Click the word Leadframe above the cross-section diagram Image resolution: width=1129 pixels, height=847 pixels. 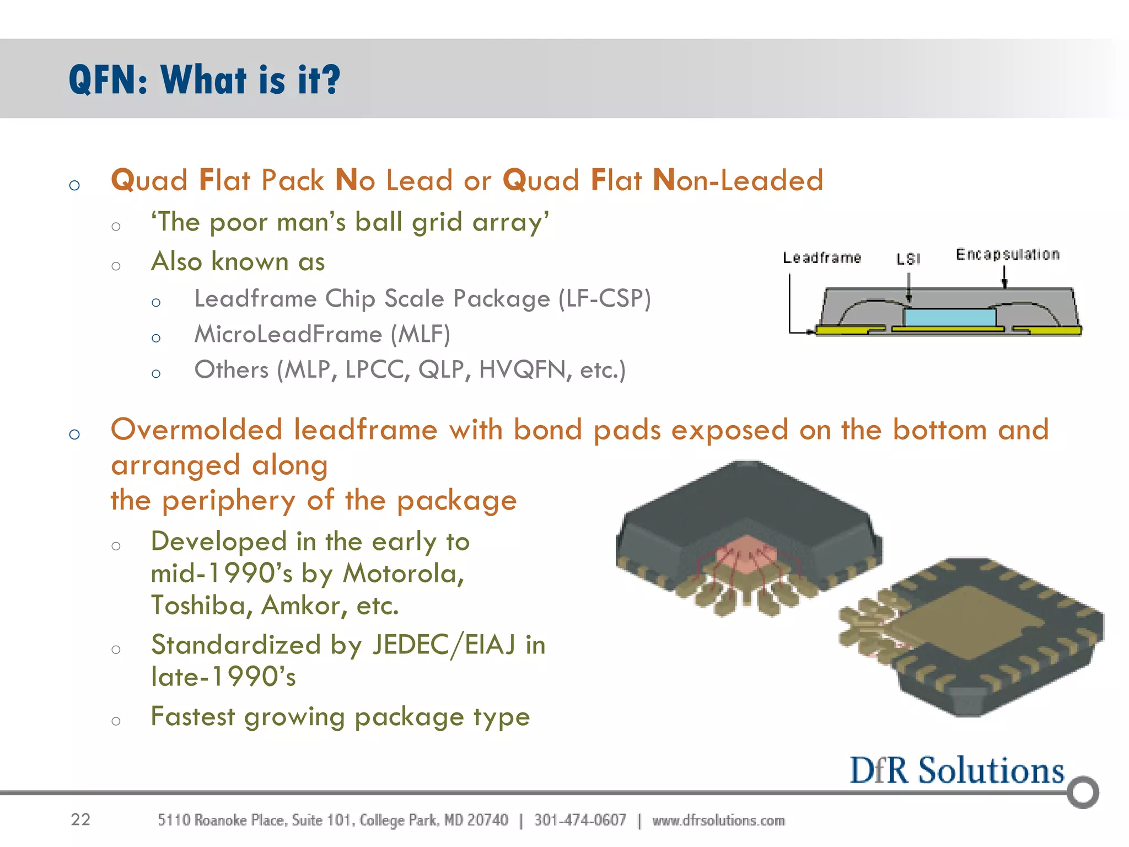click(821, 258)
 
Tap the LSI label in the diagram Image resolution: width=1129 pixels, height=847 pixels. click(908, 259)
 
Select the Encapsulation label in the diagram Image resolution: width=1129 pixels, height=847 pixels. click(1007, 254)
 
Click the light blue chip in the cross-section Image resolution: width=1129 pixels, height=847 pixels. click(949, 317)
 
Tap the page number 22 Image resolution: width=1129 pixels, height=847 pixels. click(80, 819)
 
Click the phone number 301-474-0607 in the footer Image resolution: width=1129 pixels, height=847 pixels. click(580, 820)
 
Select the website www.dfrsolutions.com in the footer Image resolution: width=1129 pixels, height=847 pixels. click(718, 820)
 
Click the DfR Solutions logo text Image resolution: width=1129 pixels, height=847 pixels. click(956, 770)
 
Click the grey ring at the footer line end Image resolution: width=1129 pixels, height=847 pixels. click(1083, 792)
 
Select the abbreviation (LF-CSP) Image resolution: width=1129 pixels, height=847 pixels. click(605, 299)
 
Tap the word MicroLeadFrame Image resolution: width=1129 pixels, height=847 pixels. click(288, 334)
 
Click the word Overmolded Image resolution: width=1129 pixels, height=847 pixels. click(196, 430)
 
